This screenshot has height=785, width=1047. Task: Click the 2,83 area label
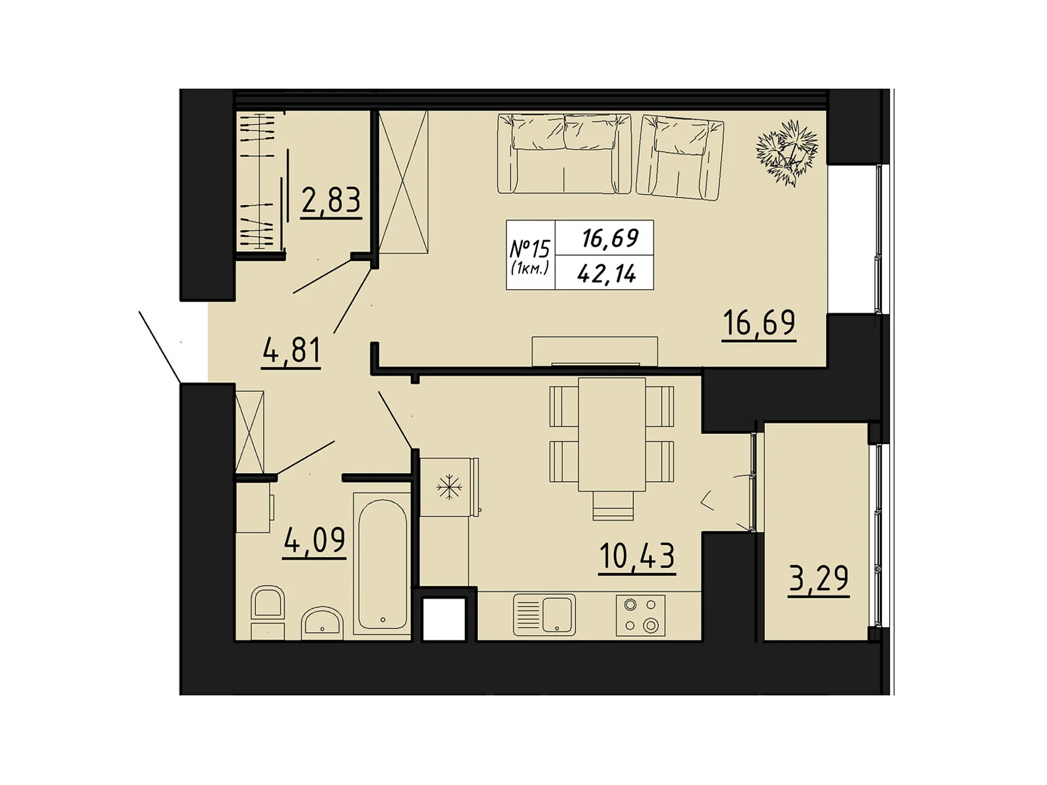(331, 203)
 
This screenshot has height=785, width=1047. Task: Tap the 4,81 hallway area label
(291, 352)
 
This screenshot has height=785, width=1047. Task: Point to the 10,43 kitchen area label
(636, 557)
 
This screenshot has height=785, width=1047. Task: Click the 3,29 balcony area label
(818, 579)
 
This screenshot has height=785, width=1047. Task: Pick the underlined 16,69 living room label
(758, 324)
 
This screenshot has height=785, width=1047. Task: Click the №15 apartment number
(529, 249)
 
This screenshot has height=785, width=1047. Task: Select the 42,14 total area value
(606, 273)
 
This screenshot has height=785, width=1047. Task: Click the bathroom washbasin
(322, 623)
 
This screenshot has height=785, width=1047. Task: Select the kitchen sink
(544, 615)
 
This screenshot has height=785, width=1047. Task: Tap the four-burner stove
(640, 615)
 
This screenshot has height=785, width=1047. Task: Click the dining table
(611, 434)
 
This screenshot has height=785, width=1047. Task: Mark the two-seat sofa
(564, 154)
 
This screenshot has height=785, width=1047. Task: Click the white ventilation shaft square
(444, 619)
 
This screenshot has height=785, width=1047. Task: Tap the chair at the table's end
(613, 506)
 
